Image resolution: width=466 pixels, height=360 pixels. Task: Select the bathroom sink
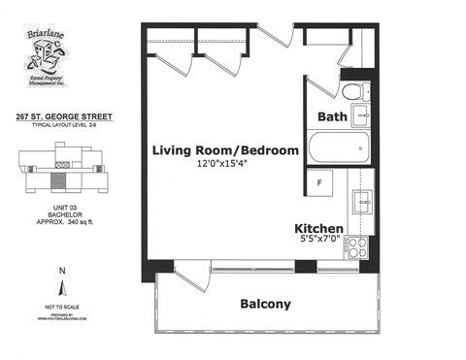pos(362,115)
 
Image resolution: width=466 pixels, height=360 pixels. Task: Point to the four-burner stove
pos(356,246)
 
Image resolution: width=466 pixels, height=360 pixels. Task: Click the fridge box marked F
pos(319,183)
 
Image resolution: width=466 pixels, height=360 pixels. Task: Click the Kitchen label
pos(318,229)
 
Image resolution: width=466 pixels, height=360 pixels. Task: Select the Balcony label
pos(265,304)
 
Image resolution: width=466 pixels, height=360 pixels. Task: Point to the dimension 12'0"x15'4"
pos(222,165)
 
